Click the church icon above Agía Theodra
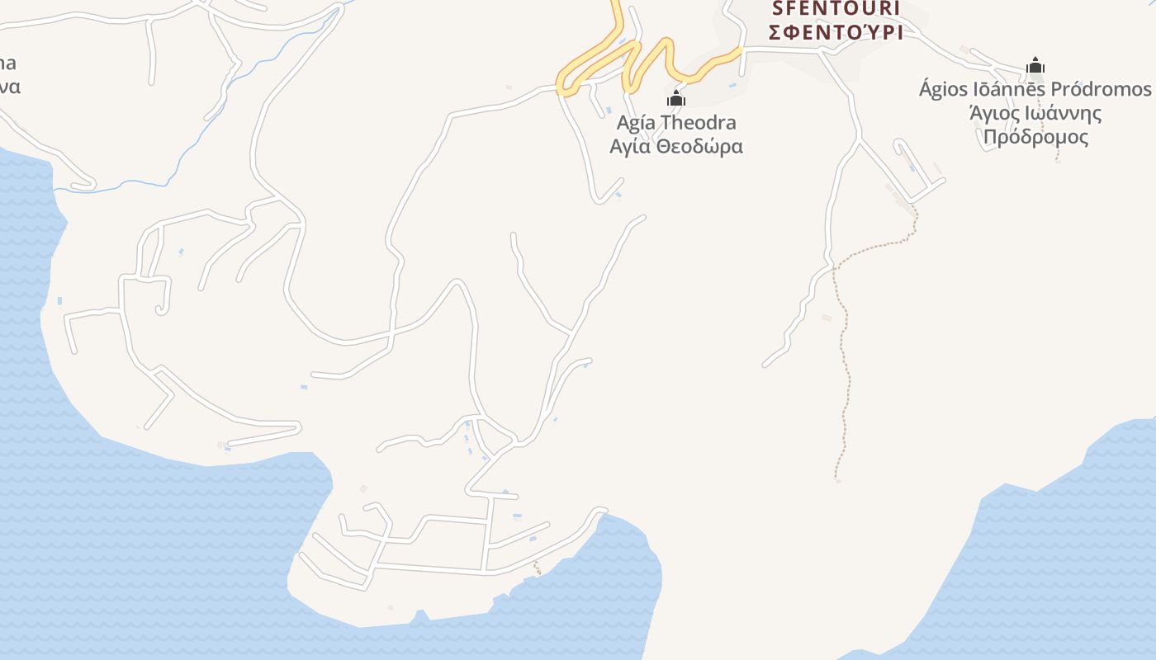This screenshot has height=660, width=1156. (x=676, y=99)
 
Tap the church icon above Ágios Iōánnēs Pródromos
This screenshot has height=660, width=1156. (x=1035, y=65)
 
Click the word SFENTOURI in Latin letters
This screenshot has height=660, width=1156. (x=835, y=9)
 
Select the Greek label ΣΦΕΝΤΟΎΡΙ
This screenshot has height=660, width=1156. (x=835, y=32)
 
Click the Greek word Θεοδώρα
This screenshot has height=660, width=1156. (x=699, y=147)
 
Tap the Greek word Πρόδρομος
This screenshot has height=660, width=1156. (x=1035, y=137)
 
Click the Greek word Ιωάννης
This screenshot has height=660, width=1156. (x=1059, y=113)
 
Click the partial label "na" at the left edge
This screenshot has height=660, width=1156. (x=7, y=64)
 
